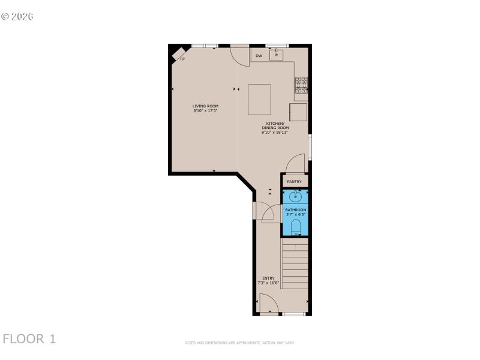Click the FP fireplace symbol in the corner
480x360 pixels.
point(179,55)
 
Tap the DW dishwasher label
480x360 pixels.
point(259,56)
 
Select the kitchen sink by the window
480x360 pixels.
point(276,55)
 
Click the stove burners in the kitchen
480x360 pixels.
point(301,85)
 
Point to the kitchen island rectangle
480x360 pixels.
point(259,99)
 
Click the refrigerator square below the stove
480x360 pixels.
point(298,112)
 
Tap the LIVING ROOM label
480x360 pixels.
point(205,106)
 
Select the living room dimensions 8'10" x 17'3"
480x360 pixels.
point(205,111)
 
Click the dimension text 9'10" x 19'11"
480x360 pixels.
point(275,132)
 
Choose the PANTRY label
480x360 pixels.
point(294,181)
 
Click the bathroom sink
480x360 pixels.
point(295,196)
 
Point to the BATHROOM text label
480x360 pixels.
point(295,209)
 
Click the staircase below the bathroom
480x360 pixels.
point(295,264)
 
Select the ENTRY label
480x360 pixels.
point(268,278)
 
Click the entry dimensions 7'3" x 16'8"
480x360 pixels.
point(268,283)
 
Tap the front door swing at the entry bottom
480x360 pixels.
point(268,304)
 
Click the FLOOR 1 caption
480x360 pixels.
point(29,339)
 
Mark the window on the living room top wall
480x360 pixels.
point(204,46)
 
